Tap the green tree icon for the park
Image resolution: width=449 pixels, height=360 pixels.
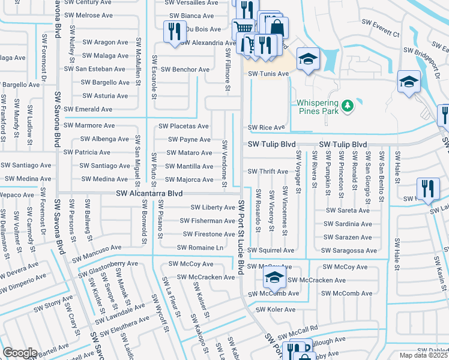tap(347, 106)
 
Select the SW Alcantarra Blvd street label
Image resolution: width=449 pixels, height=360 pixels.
tap(149, 194)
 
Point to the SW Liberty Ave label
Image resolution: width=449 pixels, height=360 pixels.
tap(212, 208)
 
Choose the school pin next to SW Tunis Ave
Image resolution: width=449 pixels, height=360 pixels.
tap(307, 59)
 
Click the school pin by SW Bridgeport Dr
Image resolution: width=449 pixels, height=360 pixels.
tap(409, 82)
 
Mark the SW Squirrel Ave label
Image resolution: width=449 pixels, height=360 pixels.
tap(271, 250)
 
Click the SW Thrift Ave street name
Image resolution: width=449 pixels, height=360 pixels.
tap(268, 172)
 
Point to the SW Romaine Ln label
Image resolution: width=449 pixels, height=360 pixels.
tap(200, 248)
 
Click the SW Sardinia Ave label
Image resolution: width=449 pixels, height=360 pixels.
tap(348, 224)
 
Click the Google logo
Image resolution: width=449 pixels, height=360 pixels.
tap(20, 353)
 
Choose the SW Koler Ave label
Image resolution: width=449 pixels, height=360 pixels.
tap(276, 310)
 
